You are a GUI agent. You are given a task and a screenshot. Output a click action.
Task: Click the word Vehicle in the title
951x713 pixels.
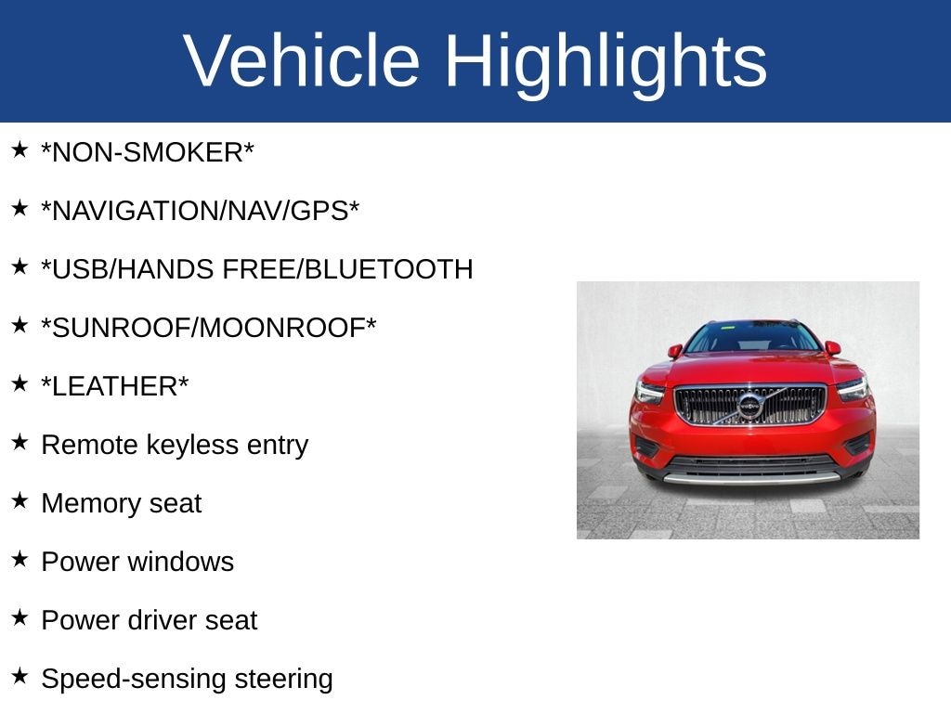coord(302,61)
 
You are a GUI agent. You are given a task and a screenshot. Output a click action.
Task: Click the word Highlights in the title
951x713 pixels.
coord(606,61)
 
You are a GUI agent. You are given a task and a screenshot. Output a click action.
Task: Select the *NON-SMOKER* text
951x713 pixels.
coord(148,153)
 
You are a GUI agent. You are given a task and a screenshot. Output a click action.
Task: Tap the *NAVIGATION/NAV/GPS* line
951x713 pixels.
coord(200,212)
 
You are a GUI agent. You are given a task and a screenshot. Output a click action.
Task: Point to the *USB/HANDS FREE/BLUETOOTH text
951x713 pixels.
coord(257,270)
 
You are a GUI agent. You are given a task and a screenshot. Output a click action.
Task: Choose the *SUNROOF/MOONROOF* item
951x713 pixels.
coord(209,328)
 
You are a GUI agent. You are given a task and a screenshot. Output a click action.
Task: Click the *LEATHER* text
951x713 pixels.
coord(115,386)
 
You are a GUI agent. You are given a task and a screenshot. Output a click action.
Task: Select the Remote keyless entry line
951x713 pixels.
coord(175,445)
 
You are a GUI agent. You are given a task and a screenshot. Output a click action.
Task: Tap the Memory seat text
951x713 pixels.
coord(121,503)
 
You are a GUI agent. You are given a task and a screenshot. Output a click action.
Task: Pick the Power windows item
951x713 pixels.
coord(137,562)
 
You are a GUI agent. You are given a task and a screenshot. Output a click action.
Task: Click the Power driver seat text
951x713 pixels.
coord(149,620)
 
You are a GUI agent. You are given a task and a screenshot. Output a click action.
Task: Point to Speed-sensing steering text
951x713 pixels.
coord(187,679)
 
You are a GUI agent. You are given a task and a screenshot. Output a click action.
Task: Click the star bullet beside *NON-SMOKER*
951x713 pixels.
coord(20,149)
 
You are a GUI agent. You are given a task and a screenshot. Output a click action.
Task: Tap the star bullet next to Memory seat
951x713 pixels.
coord(20,500)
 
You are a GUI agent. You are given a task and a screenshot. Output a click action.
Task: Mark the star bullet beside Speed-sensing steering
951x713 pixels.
coord(20,676)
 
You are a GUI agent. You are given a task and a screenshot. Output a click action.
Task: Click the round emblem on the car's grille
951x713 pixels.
coord(749,406)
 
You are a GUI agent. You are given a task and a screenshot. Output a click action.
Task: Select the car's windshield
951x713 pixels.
coord(752,338)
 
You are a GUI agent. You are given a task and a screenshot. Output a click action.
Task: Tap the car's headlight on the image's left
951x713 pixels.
coord(650,391)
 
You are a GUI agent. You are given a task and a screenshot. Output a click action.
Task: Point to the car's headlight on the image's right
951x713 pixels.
coord(852,388)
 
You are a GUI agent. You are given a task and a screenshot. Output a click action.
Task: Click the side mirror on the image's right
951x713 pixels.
coord(832,348)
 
